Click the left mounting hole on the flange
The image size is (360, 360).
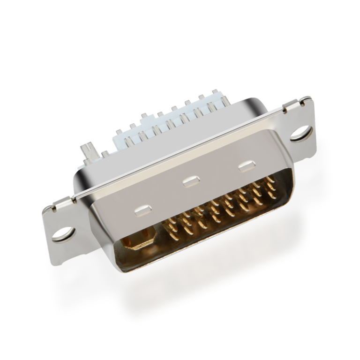pyautogui.click(x=62, y=232)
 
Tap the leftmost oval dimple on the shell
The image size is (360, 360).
pyautogui.click(x=142, y=210)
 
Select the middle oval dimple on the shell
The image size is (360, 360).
pyautogui.click(x=190, y=180)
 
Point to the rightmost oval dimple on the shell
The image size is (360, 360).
pyautogui.click(x=247, y=166)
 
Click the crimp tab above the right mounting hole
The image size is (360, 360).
pyautogui.click(x=305, y=100)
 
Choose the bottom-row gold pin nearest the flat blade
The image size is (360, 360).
pyautogui.click(x=171, y=230)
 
